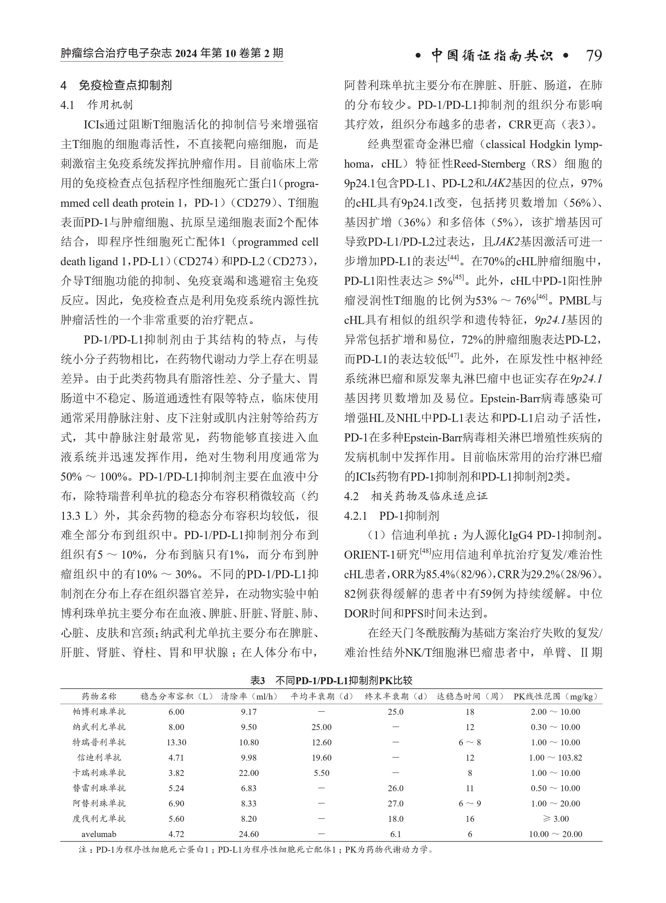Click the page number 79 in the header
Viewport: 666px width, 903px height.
coord(594,56)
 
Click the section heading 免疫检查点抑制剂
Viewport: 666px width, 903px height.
coord(125,85)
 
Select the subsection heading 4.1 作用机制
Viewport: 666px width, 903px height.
coord(96,105)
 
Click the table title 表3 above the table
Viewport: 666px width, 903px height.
coord(258,681)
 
